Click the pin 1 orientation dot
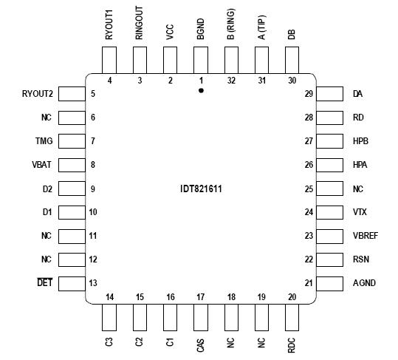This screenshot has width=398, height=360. pos(201,90)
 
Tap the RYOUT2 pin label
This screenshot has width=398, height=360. pos(37,94)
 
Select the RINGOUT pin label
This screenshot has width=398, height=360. pos(140,24)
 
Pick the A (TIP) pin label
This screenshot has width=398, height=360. pos(262,27)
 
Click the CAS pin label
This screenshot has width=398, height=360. pos(201,345)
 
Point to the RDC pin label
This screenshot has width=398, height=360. pos(292,345)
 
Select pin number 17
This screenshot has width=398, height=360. pos(200,297)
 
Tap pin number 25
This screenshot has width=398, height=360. pos(309,189)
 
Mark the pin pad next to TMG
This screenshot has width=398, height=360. pos(70,141)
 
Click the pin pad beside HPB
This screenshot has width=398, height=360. pos(332,141)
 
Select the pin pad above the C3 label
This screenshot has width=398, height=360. pos(109,318)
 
